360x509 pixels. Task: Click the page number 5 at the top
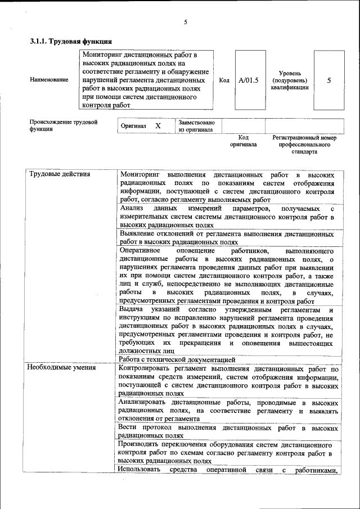[x=185, y=22]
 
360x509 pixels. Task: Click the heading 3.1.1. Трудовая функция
[x=71, y=41]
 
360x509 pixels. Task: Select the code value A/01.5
[x=248, y=80]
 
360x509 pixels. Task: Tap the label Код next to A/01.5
[x=224, y=80]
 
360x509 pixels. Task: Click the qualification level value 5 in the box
[x=329, y=80]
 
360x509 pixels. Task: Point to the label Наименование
[x=49, y=80]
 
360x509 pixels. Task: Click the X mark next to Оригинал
[x=158, y=126]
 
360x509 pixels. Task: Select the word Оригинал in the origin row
[x=133, y=126]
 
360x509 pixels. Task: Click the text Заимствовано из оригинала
[x=196, y=125]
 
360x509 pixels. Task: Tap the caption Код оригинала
[x=243, y=141]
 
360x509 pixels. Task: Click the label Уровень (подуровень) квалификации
[x=290, y=80]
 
